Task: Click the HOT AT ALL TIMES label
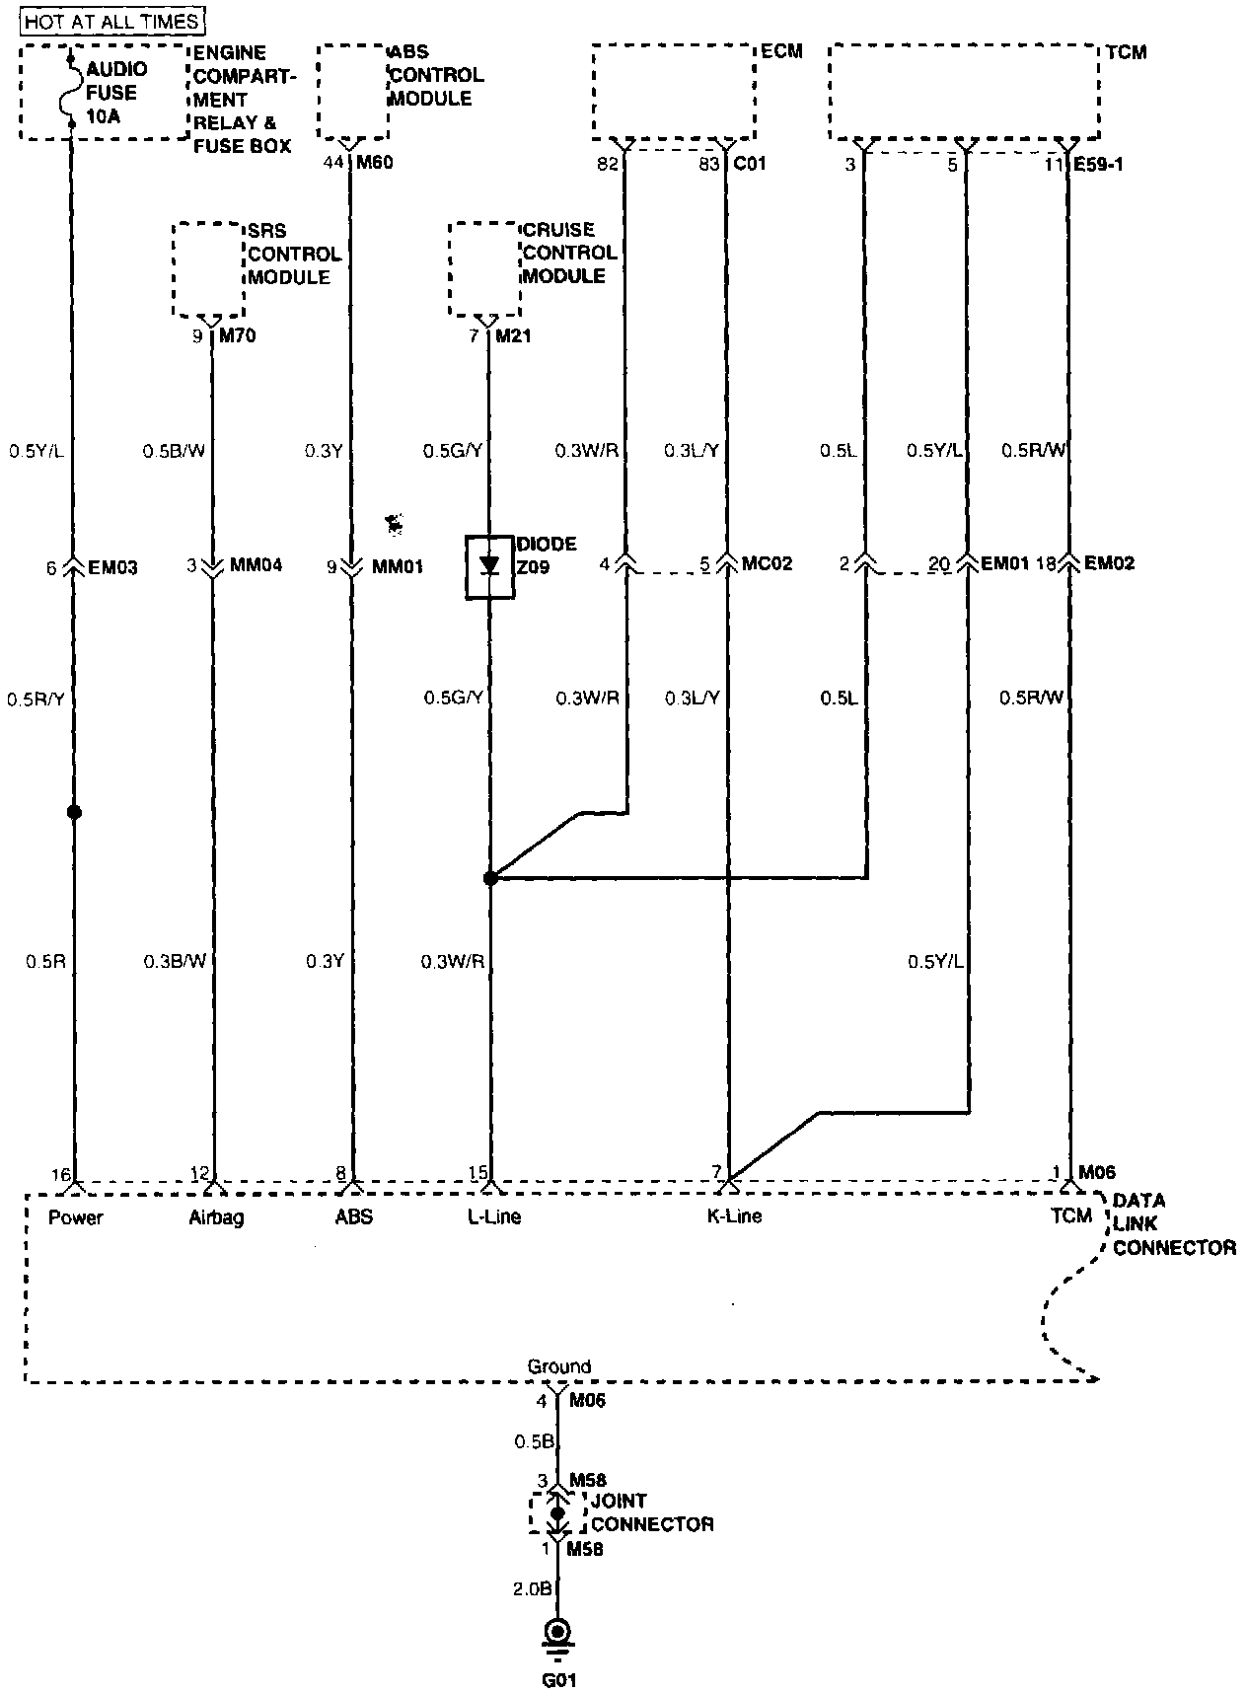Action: [x=111, y=20]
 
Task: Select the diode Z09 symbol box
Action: [x=490, y=567]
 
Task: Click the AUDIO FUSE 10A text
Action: [x=116, y=92]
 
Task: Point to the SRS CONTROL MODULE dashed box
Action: [x=208, y=269]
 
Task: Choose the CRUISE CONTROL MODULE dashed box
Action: [x=484, y=269]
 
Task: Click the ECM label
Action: [x=782, y=51]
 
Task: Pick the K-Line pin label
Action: [x=735, y=1216]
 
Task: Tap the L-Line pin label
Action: [x=494, y=1216]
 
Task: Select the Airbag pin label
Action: [x=216, y=1217]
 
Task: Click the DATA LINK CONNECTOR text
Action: [x=1174, y=1224]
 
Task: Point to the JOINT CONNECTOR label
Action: [x=651, y=1512]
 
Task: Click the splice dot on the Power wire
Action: [x=73, y=812]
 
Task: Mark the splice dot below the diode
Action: [x=490, y=877]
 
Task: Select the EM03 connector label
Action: [x=113, y=567]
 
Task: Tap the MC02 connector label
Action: [x=767, y=564]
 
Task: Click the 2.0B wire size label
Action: [x=532, y=1588]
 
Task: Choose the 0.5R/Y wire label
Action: [x=36, y=699]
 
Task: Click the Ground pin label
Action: [x=558, y=1366]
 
